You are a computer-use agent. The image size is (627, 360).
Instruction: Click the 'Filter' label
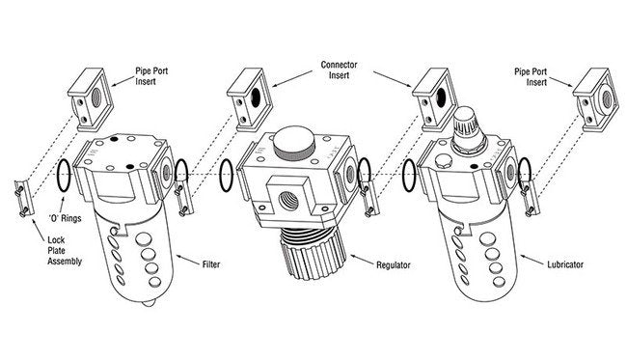coord(210,264)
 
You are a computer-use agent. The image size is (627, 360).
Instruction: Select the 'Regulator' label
coord(393,264)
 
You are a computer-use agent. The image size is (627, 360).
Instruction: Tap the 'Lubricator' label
coord(565,264)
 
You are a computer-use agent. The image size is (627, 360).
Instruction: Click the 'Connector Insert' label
coord(340,70)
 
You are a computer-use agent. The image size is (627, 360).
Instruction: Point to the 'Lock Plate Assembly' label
coord(65,251)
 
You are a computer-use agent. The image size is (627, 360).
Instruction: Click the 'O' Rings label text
coord(65,218)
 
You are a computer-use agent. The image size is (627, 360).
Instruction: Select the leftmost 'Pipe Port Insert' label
coord(151,76)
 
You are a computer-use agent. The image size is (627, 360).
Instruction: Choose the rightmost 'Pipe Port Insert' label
coord(531,77)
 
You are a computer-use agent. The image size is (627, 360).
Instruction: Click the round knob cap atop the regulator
coord(295,143)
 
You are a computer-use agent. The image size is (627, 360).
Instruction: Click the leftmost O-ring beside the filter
coord(65,175)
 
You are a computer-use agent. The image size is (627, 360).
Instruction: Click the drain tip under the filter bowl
coord(148,304)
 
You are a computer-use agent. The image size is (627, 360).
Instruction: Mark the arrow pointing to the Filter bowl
coord(187,260)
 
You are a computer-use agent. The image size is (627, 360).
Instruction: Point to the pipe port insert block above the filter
coord(91,99)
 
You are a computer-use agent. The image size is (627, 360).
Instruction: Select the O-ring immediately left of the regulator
coord(227,176)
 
